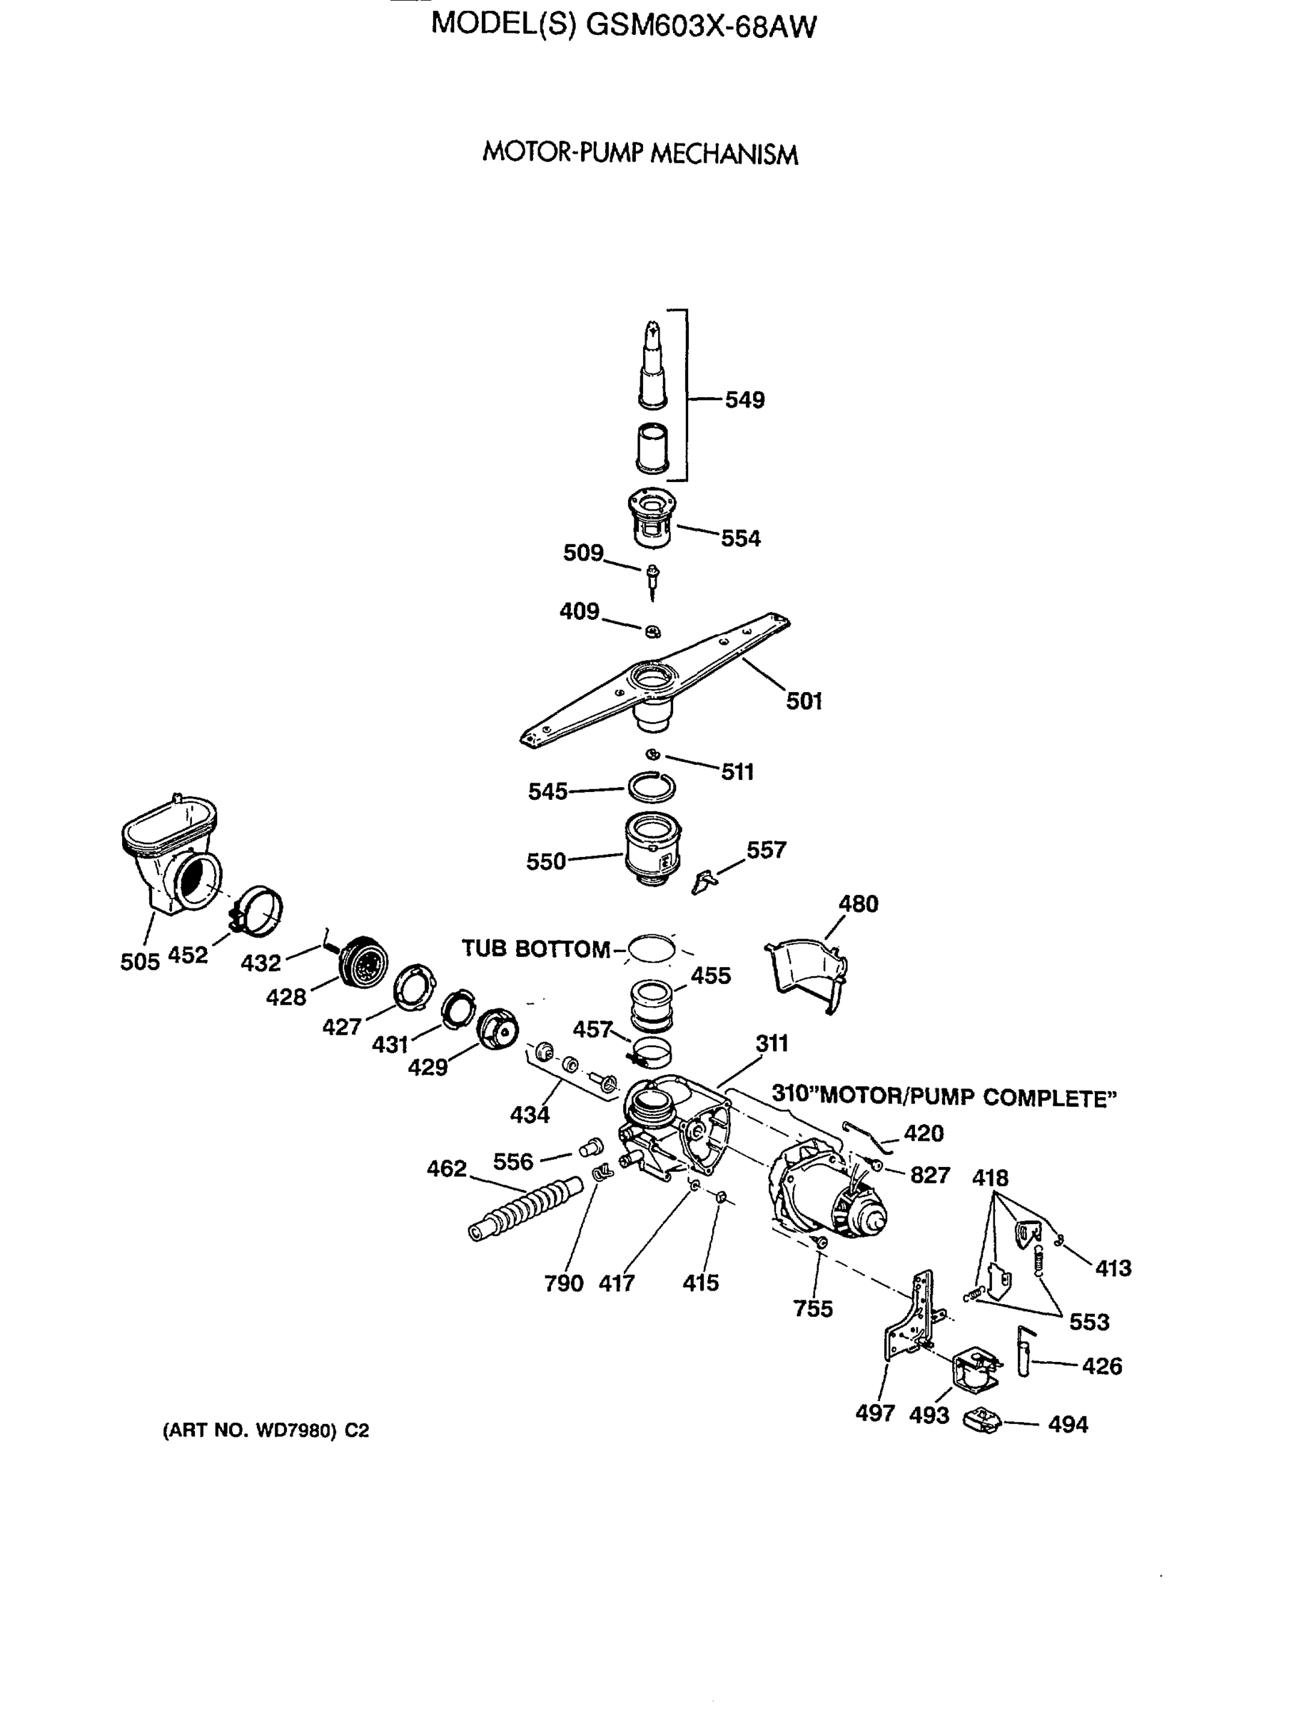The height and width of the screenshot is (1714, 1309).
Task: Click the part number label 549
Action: click(x=744, y=400)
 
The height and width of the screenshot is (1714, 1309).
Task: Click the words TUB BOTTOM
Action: click(x=535, y=948)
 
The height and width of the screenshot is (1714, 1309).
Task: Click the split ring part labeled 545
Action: click(x=652, y=788)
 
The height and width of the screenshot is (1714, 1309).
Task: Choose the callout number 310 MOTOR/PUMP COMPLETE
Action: click(x=944, y=1096)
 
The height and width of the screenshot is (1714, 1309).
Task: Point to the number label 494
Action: click(x=1068, y=1425)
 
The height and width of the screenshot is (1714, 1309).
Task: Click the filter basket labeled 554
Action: click(x=652, y=517)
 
